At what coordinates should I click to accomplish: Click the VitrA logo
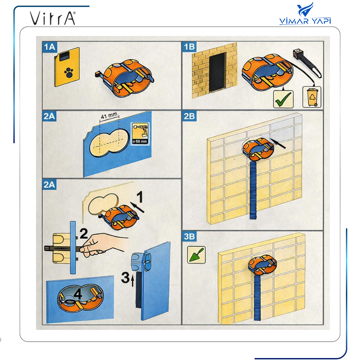pos(53,18)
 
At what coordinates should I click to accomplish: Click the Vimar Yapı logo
pos(305,13)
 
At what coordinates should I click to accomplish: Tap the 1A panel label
pos(50,47)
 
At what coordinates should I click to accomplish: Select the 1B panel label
pos(189,47)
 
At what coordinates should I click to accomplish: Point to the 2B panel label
pos(189,116)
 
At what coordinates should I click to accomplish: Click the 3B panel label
pos(189,236)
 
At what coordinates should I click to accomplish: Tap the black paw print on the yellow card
pos(69,72)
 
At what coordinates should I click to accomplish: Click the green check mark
pos(283,99)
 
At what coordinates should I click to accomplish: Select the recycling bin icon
pos(312,97)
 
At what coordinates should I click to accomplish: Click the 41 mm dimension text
pos(109,116)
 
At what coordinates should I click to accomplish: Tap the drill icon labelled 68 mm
pos(140,134)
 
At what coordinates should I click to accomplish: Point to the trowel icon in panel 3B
pos(196,255)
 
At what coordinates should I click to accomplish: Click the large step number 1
pos(140,197)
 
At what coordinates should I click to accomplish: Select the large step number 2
pos(83,234)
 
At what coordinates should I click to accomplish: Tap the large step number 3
pos(125,278)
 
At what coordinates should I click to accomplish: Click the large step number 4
pos(78,294)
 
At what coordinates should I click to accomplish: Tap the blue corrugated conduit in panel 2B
pos(253,189)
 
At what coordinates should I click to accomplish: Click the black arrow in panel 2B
pos(278,143)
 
